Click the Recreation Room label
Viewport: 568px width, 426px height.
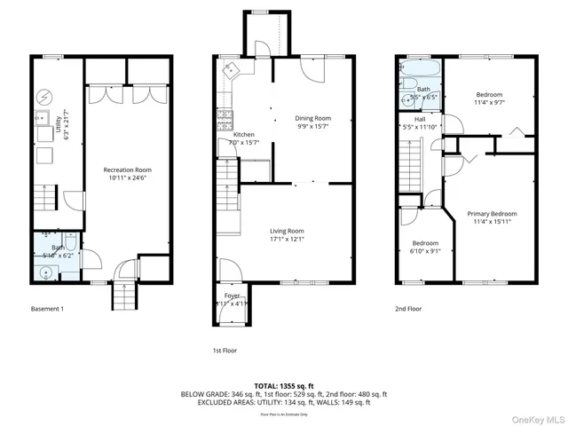tap(127, 170)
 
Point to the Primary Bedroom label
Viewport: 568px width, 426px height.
tap(492, 214)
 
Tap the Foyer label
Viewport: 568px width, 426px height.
tap(233, 295)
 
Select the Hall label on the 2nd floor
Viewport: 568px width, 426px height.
tap(420, 118)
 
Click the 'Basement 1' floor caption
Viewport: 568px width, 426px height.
tap(48, 309)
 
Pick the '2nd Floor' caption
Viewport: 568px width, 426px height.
tap(409, 309)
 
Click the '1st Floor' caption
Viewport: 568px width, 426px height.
tap(225, 350)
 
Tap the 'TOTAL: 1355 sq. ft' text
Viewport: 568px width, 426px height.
tap(284, 386)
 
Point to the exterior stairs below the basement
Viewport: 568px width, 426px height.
tap(123, 300)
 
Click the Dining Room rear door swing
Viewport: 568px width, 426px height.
tap(307, 71)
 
